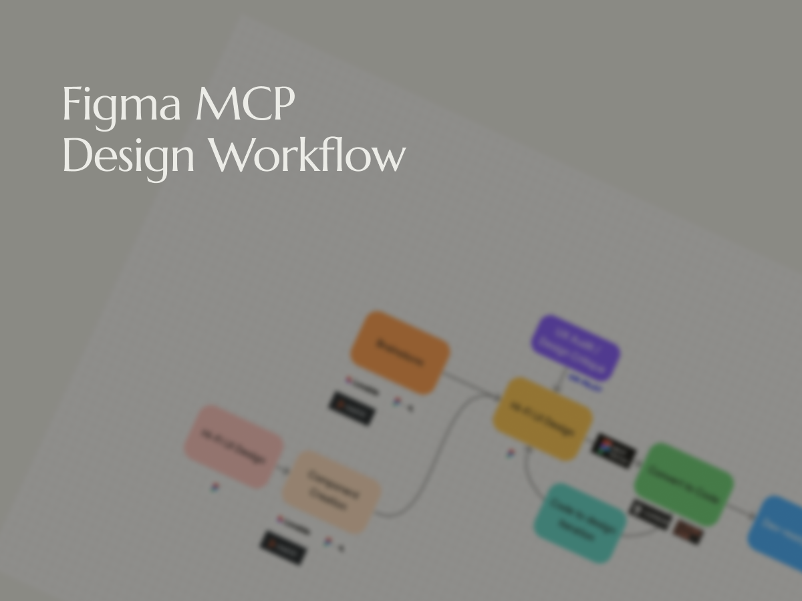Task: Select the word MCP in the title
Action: coord(245,104)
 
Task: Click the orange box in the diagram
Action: coord(400,353)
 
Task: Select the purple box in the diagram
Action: coord(575,348)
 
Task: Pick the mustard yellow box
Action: coord(543,419)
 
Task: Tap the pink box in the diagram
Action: coord(234,446)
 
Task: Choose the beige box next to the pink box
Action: coord(331,492)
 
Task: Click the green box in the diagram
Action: coord(683,484)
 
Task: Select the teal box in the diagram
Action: coord(580,523)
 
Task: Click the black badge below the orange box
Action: coord(351,408)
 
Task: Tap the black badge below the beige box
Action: coord(283,547)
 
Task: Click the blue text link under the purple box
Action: coord(585,385)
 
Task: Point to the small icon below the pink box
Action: coord(215,488)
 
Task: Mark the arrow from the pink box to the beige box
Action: coord(283,469)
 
